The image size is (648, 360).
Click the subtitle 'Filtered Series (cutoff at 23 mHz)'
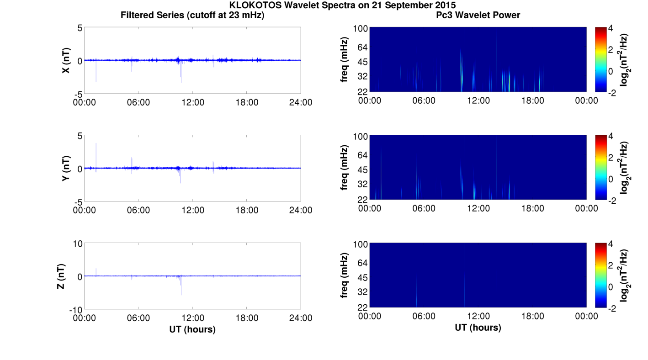[x=192, y=15]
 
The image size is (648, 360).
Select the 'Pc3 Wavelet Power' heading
[x=478, y=15]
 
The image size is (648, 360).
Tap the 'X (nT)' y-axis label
[x=66, y=60]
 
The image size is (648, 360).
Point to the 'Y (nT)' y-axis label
[x=66, y=168]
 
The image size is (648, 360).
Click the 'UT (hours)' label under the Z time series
[x=192, y=329]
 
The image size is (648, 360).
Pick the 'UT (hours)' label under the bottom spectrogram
[x=478, y=328]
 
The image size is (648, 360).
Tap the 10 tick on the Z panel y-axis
[x=77, y=244]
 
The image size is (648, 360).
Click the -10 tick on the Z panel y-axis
[x=75, y=309]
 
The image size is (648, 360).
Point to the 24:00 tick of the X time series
[x=301, y=102]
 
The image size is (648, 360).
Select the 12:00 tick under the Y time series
[x=192, y=210]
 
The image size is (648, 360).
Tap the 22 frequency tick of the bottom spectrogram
[x=362, y=307]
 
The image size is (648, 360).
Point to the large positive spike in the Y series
[x=96, y=144]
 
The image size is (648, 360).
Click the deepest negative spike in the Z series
[x=181, y=294]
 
